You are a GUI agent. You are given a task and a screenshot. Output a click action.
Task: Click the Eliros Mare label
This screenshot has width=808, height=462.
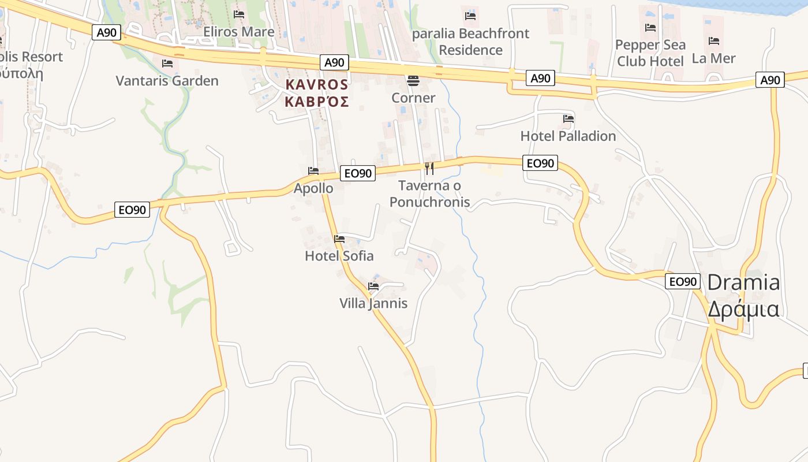[238, 32]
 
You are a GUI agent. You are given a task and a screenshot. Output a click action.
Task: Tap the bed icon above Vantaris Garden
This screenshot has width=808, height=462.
[167, 63]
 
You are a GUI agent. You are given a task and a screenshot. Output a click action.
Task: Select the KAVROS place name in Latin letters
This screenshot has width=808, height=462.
[317, 85]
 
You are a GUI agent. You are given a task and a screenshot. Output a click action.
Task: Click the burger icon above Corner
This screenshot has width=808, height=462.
[413, 80]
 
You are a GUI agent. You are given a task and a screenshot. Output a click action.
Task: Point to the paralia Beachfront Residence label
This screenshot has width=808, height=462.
[471, 42]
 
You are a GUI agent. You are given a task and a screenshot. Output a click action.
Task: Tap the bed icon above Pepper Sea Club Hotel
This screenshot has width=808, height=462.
[650, 28]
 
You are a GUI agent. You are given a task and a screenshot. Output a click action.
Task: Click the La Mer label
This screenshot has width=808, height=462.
[714, 58]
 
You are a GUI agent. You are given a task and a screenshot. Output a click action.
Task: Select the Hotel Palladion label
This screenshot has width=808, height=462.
[568, 136]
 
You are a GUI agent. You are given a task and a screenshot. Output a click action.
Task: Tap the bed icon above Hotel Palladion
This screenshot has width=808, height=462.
[568, 119]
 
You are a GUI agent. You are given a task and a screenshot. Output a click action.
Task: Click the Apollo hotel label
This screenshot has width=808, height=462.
[313, 188]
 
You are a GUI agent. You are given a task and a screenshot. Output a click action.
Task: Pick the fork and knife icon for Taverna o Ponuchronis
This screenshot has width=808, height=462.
[429, 168]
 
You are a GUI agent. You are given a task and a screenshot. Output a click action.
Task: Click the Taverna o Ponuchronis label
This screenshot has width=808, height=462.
[429, 194]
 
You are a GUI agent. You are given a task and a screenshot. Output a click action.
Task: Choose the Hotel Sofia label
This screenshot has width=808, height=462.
[339, 256]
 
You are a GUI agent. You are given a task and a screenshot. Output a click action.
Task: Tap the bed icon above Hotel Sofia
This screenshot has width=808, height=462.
[339, 239]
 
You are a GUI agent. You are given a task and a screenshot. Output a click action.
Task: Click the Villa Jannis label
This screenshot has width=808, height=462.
[373, 303]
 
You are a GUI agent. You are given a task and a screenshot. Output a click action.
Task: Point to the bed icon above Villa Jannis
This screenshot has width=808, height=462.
[373, 286]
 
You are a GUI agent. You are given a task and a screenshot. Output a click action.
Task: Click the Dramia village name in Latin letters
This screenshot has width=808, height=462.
[743, 282]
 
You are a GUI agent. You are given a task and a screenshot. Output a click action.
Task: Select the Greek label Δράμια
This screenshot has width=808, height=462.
[743, 309]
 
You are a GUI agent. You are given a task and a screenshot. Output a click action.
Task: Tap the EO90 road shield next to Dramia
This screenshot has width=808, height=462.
[682, 282]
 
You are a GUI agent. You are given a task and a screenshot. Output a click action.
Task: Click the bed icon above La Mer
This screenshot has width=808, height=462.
[714, 41]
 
